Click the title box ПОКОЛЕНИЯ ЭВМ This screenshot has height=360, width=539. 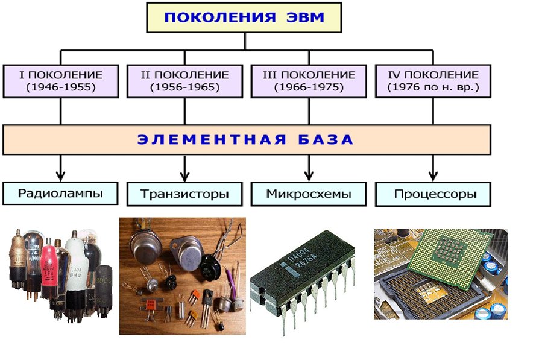pyautogui.click(x=244, y=17)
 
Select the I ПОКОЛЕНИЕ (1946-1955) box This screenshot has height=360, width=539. pyautogui.click(x=61, y=81)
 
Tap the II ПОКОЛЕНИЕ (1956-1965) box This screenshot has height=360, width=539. pyautogui.click(x=184, y=81)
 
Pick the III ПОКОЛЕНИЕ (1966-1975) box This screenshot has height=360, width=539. pyautogui.click(x=309, y=81)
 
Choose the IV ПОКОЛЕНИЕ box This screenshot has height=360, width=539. pyautogui.click(x=433, y=81)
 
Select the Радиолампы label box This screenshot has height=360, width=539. pyautogui.click(x=60, y=194)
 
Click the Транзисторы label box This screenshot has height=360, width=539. pyautogui.click(x=184, y=194)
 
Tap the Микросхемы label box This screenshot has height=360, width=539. pyautogui.click(x=309, y=194)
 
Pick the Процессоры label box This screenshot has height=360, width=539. pyautogui.click(x=433, y=194)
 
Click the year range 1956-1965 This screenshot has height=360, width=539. pyautogui.click(x=184, y=87)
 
